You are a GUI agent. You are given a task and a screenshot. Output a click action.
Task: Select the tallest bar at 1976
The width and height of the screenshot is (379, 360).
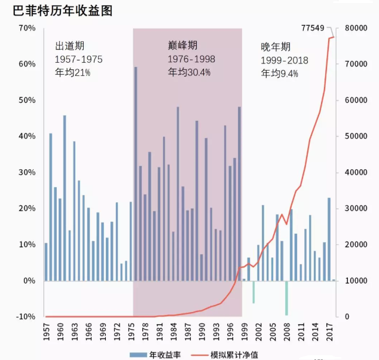[136, 173]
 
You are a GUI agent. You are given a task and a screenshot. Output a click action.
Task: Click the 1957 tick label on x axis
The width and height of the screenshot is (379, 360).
[46, 330]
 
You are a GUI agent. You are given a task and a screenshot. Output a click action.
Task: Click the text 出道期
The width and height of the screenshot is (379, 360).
[69, 47]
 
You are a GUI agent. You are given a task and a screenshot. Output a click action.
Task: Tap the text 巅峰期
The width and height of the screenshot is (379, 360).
[183, 45]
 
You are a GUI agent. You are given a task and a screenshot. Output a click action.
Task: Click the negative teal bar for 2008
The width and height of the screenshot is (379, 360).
[286, 298]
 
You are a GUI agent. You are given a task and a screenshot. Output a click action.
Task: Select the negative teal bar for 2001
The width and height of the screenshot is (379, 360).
[253, 292]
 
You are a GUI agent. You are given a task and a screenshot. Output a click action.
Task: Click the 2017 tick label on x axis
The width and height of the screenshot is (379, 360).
[329, 330]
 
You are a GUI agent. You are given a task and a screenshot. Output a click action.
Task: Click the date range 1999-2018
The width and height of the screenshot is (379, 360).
[284, 60]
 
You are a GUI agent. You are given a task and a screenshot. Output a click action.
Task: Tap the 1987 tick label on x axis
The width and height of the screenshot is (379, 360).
[187, 330]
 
